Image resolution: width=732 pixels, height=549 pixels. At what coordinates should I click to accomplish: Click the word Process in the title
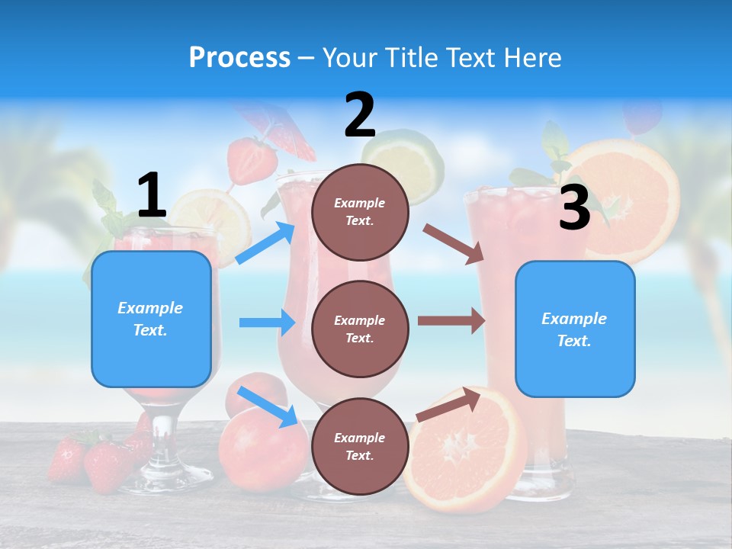[x=239, y=57]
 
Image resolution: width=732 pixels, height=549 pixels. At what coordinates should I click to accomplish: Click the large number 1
[x=152, y=195]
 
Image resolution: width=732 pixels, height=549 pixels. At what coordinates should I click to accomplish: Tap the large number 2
[x=360, y=115]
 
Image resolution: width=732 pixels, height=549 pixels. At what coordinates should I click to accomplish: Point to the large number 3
[x=574, y=207]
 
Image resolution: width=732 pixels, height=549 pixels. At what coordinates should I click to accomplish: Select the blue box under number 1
[x=151, y=319]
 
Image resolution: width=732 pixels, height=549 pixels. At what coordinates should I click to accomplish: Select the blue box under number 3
[x=575, y=329]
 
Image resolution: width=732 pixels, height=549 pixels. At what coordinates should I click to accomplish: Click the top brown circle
[x=360, y=212]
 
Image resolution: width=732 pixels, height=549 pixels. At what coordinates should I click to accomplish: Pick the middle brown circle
[x=360, y=329]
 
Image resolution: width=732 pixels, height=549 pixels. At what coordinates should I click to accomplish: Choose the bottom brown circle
[x=360, y=446]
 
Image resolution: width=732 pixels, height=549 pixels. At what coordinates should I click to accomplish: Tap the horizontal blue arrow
[x=267, y=323]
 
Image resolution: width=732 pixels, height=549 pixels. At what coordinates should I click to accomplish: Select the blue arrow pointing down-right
[x=268, y=406]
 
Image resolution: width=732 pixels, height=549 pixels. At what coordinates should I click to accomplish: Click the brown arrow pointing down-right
[x=454, y=243]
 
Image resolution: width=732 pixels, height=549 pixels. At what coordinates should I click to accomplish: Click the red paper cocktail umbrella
[x=286, y=130]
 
